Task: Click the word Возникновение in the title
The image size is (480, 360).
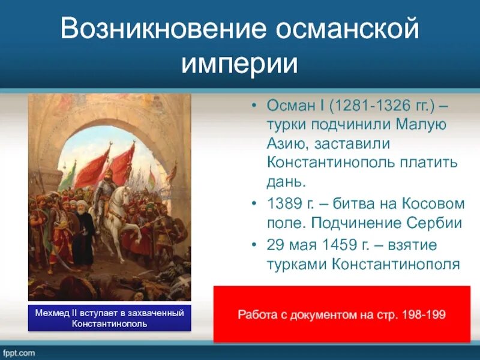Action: click(163, 28)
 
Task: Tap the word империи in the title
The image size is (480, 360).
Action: click(239, 64)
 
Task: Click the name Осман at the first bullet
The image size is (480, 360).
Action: click(290, 106)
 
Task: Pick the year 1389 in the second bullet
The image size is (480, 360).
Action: click(284, 203)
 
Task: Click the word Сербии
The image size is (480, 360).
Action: click(434, 223)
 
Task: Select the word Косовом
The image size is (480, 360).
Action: click(433, 203)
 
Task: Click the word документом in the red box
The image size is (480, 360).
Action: click(332, 314)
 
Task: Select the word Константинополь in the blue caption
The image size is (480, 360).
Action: click(110, 323)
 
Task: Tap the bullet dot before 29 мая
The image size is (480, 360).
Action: click(253, 245)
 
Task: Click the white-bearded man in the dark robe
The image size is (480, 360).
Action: click(83, 235)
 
